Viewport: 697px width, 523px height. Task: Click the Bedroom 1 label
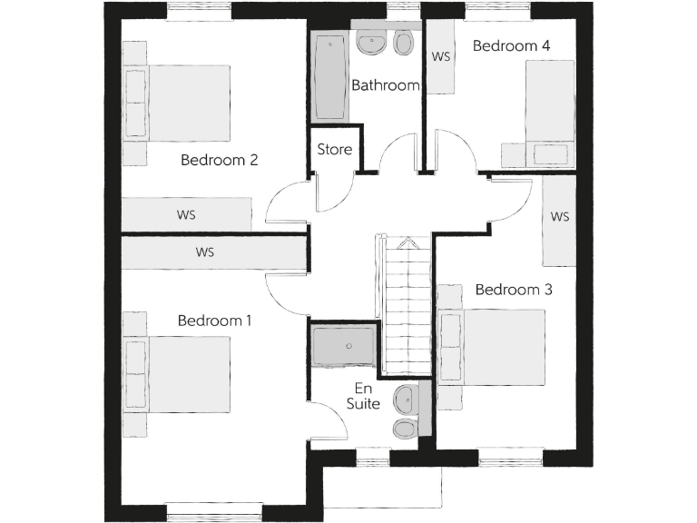[x=214, y=321]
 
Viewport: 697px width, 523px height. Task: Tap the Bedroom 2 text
[x=220, y=161]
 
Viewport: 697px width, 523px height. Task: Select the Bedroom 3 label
[x=514, y=291]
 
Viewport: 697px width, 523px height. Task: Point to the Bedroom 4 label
[x=512, y=45]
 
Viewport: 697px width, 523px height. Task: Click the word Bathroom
[x=386, y=86]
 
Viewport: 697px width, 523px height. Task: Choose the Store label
[x=334, y=150]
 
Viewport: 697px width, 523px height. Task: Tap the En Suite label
[x=363, y=396]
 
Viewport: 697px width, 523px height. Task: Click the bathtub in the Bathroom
[x=328, y=78]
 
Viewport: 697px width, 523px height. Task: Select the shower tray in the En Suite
[x=342, y=346]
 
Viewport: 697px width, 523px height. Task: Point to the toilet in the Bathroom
[x=404, y=42]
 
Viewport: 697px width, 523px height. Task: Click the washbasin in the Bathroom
[x=371, y=41]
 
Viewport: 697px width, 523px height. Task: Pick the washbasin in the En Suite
[x=407, y=397]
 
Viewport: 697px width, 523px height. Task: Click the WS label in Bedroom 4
[x=441, y=56]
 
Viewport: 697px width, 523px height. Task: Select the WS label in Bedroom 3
[x=559, y=217]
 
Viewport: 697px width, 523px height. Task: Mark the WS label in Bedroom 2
[x=186, y=215]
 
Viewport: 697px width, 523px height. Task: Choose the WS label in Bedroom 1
[x=204, y=252]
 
